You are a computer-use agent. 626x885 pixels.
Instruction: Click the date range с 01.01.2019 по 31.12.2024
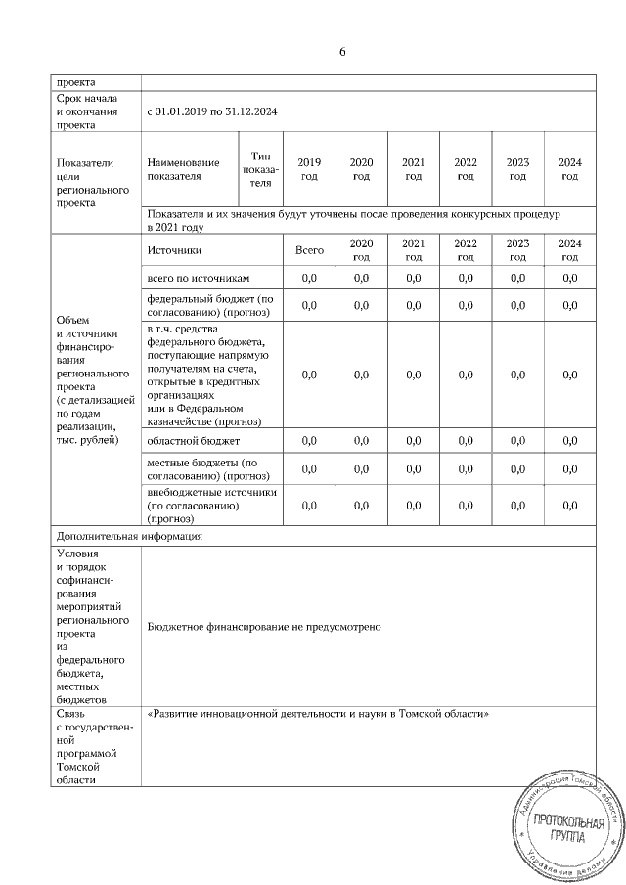click(x=210, y=111)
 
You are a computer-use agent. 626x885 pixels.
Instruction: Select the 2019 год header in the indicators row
click(x=309, y=168)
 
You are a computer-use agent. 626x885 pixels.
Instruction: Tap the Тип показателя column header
click(x=259, y=168)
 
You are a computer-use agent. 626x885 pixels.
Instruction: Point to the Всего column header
click(x=309, y=250)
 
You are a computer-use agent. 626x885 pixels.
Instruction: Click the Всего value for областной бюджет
click(x=309, y=442)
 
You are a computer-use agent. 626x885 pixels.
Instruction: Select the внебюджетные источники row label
click(x=211, y=507)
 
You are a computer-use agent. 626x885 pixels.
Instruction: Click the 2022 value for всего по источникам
click(x=466, y=279)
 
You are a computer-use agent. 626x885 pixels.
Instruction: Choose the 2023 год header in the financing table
click(x=517, y=250)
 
